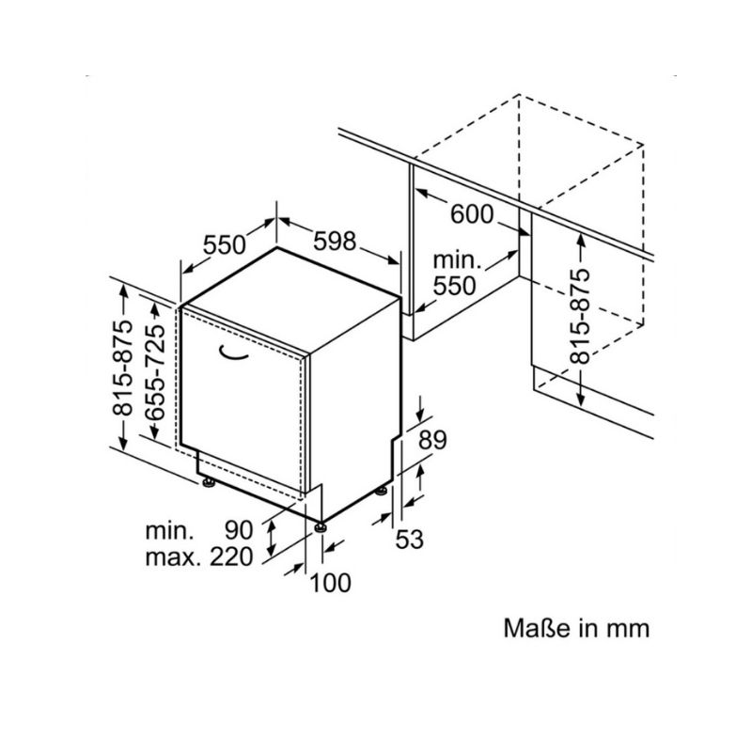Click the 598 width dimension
(x=335, y=241)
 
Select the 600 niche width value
(x=472, y=214)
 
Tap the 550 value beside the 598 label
(x=224, y=244)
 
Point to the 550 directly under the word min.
(x=454, y=286)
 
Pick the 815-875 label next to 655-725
(x=121, y=368)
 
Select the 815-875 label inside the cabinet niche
(x=579, y=316)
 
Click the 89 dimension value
(x=432, y=439)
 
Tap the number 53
(x=409, y=539)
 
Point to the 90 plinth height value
(x=239, y=530)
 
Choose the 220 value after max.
(x=231, y=556)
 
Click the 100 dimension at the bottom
(x=331, y=583)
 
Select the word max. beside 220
(x=172, y=557)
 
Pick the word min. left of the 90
(x=169, y=531)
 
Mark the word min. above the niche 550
(x=457, y=260)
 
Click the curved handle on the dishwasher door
(x=234, y=352)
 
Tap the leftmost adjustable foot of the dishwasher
(x=209, y=482)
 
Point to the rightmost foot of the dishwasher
(x=382, y=492)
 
